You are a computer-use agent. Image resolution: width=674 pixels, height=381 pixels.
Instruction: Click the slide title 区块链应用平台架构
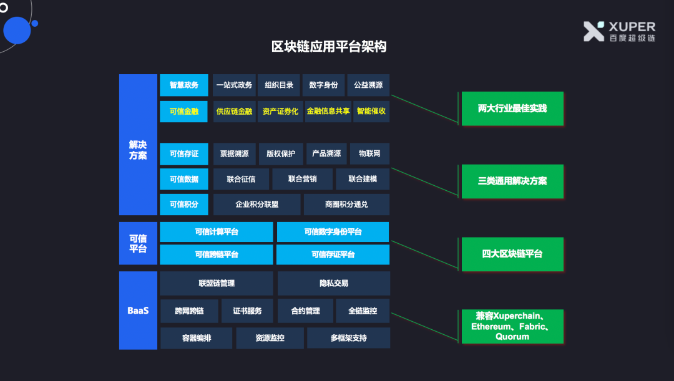coord(329,47)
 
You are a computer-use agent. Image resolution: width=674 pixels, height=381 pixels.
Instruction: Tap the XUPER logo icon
coord(593,31)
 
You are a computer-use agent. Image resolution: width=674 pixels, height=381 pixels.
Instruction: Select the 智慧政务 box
coord(184,85)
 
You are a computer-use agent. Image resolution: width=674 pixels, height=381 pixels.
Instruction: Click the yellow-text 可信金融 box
coord(184,112)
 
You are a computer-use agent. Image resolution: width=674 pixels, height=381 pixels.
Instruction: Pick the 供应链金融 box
coord(235,112)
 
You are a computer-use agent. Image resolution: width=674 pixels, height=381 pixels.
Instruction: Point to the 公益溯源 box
coord(368,85)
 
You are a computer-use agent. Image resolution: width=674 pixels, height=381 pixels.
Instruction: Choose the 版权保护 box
coord(281,154)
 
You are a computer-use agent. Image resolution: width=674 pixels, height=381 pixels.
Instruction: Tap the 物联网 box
coord(369,154)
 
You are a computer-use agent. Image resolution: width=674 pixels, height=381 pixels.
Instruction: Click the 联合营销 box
coord(303,179)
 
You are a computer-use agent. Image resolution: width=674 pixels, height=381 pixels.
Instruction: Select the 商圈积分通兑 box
coord(346,205)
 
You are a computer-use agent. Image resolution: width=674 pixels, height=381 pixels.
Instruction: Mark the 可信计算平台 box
coord(217,232)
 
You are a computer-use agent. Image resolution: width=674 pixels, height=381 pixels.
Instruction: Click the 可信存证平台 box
coord(333,254)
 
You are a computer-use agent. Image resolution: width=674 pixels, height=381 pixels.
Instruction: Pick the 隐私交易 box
coord(334,283)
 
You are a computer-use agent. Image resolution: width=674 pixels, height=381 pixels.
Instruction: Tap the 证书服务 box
coord(247,311)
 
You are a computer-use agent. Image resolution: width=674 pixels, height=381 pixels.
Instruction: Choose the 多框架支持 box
coord(348,338)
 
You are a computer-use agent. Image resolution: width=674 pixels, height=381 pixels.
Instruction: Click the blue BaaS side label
coord(138,311)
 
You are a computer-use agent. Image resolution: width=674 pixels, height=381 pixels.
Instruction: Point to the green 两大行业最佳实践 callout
coord(512,109)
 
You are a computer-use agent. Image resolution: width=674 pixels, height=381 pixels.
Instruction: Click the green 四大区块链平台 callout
coord(512,254)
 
